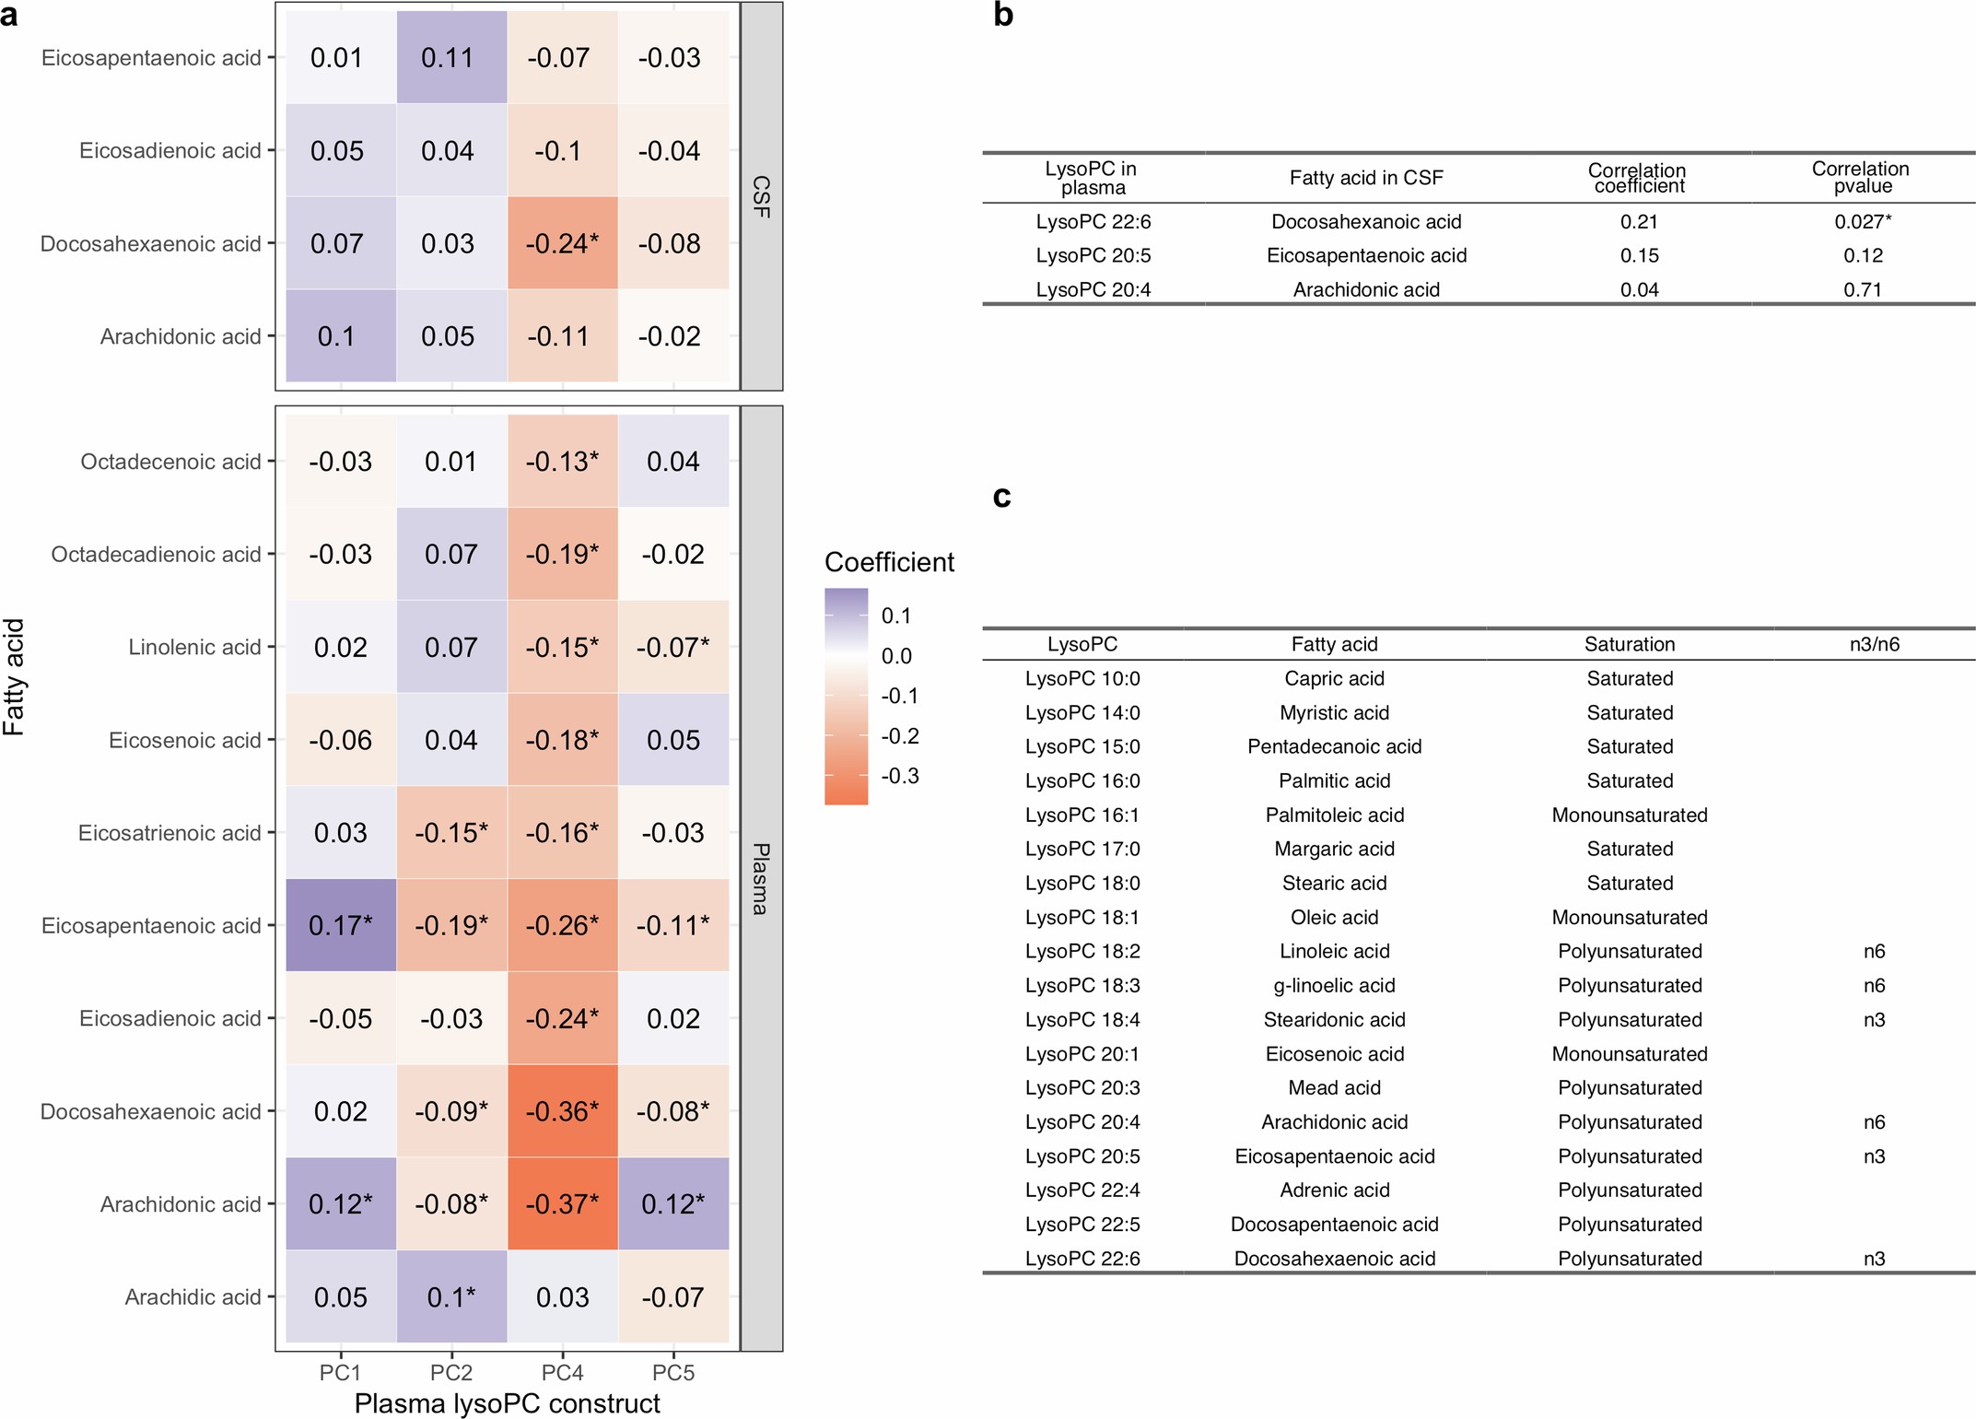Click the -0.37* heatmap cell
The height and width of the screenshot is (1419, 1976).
click(x=562, y=1203)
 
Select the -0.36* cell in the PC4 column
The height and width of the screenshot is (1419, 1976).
click(x=562, y=1111)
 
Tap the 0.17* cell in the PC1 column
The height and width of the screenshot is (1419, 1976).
click(x=340, y=925)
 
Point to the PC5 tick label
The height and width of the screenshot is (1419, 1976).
click(x=673, y=1373)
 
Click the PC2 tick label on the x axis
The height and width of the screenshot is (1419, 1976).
click(x=450, y=1373)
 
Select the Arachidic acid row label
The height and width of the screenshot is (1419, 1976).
click(x=193, y=1297)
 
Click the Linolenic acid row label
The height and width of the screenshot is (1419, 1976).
click(x=194, y=647)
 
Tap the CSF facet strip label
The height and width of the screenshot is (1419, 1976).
click(x=762, y=196)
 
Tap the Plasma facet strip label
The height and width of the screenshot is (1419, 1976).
click(x=762, y=879)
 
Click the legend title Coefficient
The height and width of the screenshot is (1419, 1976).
click(x=889, y=562)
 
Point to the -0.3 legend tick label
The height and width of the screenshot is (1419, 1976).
click(x=899, y=776)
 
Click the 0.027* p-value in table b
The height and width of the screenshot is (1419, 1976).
click(x=1862, y=221)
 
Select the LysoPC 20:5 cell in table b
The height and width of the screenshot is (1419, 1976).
click(x=1093, y=255)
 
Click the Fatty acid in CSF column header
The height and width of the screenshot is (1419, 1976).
click(x=1365, y=178)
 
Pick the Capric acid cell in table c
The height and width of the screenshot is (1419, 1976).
click(x=1334, y=678)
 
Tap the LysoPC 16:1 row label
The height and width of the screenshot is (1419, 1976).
click(x=1082, y=815)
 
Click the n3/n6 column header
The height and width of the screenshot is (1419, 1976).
click(x=1874, y=644)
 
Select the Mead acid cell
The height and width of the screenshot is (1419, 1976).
click(x=1334, y=1087)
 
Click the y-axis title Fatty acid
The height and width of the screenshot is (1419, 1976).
click(x=14, y=677)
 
